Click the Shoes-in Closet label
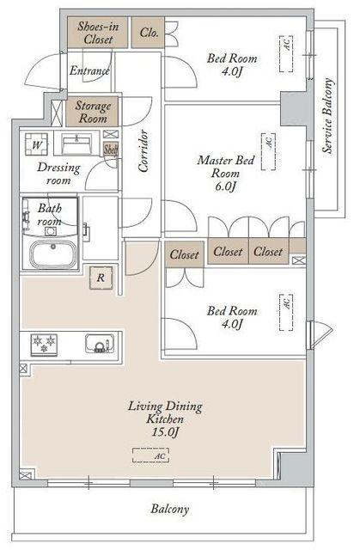tap(98, 33)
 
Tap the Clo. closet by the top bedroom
tap(148, 33)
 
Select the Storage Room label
tap(93, 112)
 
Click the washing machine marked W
tap(36, 144)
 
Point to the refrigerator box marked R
tap(101, 278)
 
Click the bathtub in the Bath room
tap(53, 254)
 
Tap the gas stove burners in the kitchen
tap(44, 345)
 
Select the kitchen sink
tap(100, 344)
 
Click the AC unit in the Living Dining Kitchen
tap(150, 455)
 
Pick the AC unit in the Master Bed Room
tap(269, 151)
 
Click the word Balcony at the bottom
tap(170, 509)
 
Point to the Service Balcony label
tap(327, 116)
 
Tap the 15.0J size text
tap(165, 431)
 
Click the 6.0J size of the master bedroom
tap(225, 186)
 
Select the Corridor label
tap(143, 151)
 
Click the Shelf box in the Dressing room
tap(111, 150)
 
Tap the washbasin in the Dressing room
tap(76, 144)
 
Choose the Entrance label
tap(89, 70)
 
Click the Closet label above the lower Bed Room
tap(185, 254)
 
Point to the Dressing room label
tap(58, 174)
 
